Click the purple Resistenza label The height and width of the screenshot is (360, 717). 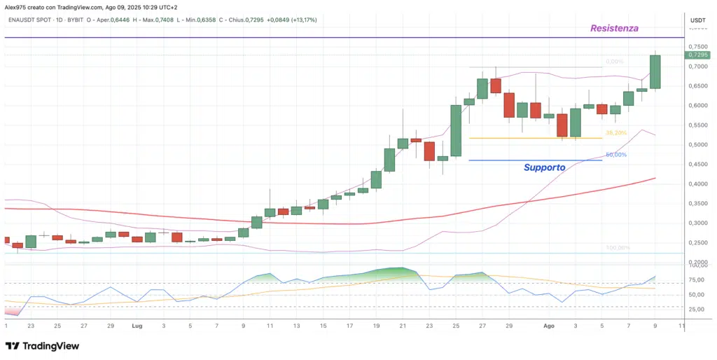(614, 29)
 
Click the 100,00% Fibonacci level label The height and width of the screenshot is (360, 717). (618, 248)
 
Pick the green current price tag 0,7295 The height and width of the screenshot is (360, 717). (697, 55)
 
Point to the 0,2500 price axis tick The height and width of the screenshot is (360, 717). (697, 243)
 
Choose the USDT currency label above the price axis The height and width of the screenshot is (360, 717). (697, 20)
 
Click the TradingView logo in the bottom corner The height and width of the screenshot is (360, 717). (42, 346)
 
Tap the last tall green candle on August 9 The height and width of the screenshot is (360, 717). (655, 71)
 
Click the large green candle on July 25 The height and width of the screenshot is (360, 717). (456, 130)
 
